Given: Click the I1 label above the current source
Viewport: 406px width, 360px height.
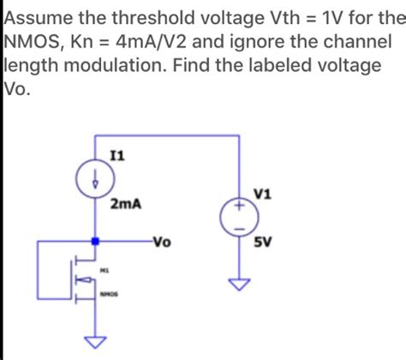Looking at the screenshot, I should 117,156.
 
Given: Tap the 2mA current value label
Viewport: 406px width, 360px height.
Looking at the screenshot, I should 126,204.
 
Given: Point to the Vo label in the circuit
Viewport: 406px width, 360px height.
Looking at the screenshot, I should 162,242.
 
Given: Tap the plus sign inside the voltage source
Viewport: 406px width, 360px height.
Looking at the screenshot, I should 241,207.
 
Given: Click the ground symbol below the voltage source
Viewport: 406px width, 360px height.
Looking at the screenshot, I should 241,284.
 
